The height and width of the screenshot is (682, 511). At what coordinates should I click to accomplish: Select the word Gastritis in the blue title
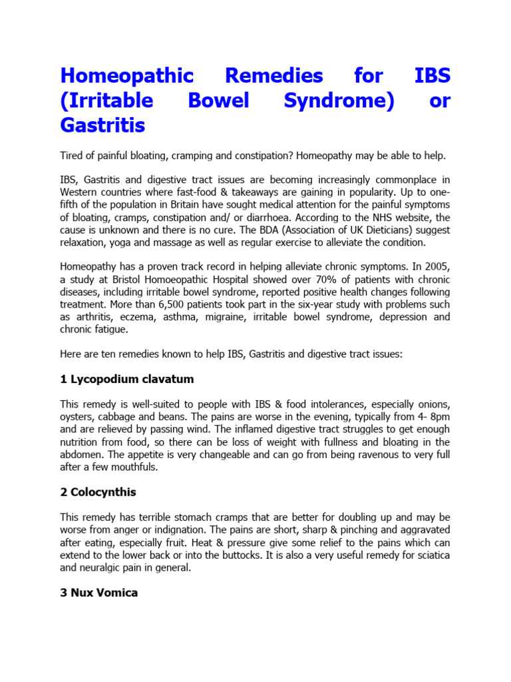pyautogui.click(x=102, y=125)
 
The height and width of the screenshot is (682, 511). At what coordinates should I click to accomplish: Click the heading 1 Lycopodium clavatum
pyautogui.click(x=126, y=379)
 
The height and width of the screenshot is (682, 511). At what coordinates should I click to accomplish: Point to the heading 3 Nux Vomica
pyautogui.click(x=98, y=592)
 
